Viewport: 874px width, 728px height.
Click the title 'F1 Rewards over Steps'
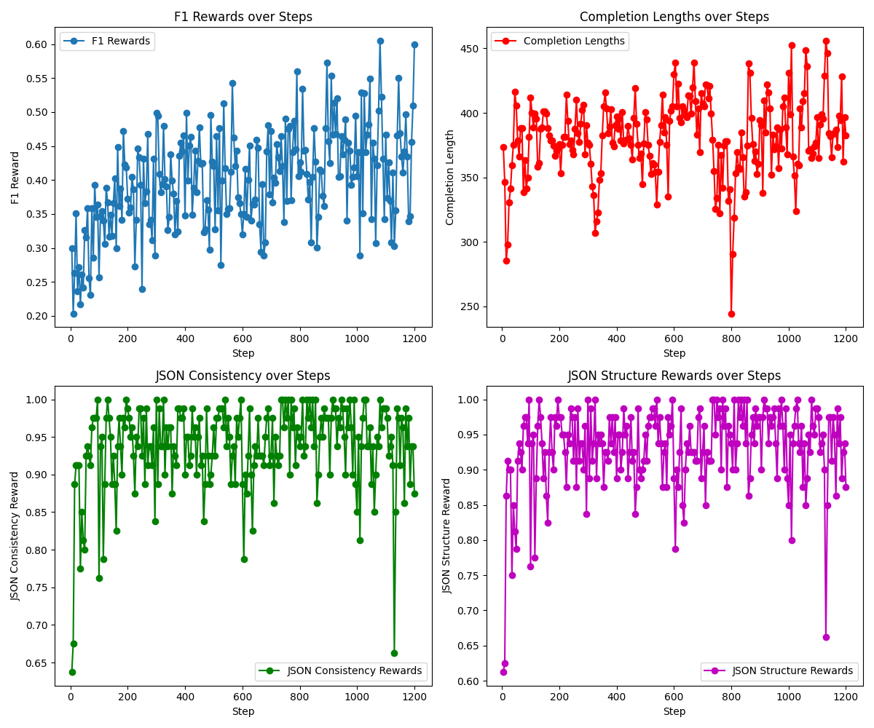(243, 17)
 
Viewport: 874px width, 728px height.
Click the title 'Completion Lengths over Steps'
(674, 17)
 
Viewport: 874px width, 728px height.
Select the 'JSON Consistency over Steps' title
(243, 376)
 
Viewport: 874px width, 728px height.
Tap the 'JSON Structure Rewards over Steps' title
(674, 376)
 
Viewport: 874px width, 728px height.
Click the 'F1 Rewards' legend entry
(107, 41)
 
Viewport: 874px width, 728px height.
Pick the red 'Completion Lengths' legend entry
(559, 41)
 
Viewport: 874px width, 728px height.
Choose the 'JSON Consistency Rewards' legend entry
(341, 671)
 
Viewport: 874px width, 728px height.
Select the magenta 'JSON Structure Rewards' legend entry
(779, 671)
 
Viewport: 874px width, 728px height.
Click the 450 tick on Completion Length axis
(472, 49)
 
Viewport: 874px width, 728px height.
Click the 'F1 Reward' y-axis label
(15, 177)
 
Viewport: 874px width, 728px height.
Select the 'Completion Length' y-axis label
(450, 177)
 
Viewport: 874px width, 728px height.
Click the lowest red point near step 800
(731, 314)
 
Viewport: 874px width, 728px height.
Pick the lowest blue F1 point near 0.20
(74, 314)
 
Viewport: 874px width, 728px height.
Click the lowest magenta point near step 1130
(826, 637)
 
